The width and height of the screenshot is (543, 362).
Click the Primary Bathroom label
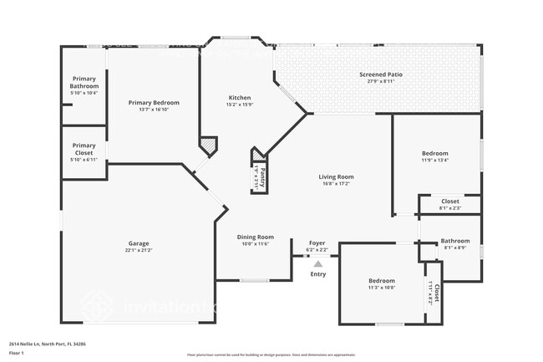(x=84, y=83)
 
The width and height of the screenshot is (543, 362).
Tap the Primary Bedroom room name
(x=154, y=103)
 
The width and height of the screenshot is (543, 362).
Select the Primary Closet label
(x=84, y=149)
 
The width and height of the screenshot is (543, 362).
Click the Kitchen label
(x=239, y=98)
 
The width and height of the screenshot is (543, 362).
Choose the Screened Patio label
(x=380, y=74)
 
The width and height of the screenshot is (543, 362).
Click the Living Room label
(x=336, y=176)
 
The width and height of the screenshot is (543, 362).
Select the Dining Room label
(x=255, y=237)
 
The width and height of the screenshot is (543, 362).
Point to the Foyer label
(x=317, y=243)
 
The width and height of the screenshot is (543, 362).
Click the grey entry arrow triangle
(x=317, y=263)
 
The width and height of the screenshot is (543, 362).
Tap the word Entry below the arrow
(x=318, y=274)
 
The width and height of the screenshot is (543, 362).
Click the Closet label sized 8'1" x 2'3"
(x=449, y=201)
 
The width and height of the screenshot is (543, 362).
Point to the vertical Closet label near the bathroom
(x=435, y=293)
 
